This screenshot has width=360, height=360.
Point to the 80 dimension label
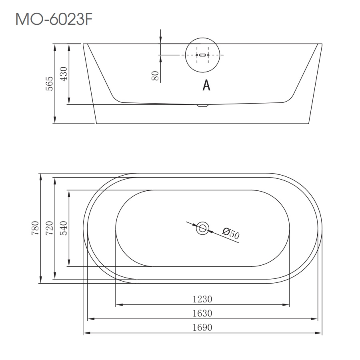pyautogui.click(x=155, y=76)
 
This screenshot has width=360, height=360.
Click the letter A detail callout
pyautogui.click(x=206, y=85)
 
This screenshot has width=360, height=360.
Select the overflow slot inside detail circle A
pyautogui.click(x=203, y=55)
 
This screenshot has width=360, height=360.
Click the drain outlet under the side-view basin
pyautogui.click(x=203, y=106)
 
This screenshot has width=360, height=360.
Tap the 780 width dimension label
pyautogui.click(x=35, y=228)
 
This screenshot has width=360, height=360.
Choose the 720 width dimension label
pyautogui.click(x=49, y=228)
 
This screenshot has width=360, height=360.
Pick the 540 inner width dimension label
pyautogui.click(x=64, y=228)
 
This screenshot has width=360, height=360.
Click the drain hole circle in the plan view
pyautogui.click(x=203, y=228)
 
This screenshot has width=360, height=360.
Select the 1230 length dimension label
pyautogui.click(x=202, y=299)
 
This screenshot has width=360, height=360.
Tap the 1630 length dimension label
pyautogui.click(x=202, y=313)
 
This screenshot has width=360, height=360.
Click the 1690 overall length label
pyautogui.click(x=202, y=328)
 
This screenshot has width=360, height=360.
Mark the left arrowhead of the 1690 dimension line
pyautogui.click(x=85, y=333)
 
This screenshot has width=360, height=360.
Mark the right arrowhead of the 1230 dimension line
pyautogui.click(x=287, y=305)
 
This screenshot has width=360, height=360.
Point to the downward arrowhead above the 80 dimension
pyautogui.click(x=160, y=40)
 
